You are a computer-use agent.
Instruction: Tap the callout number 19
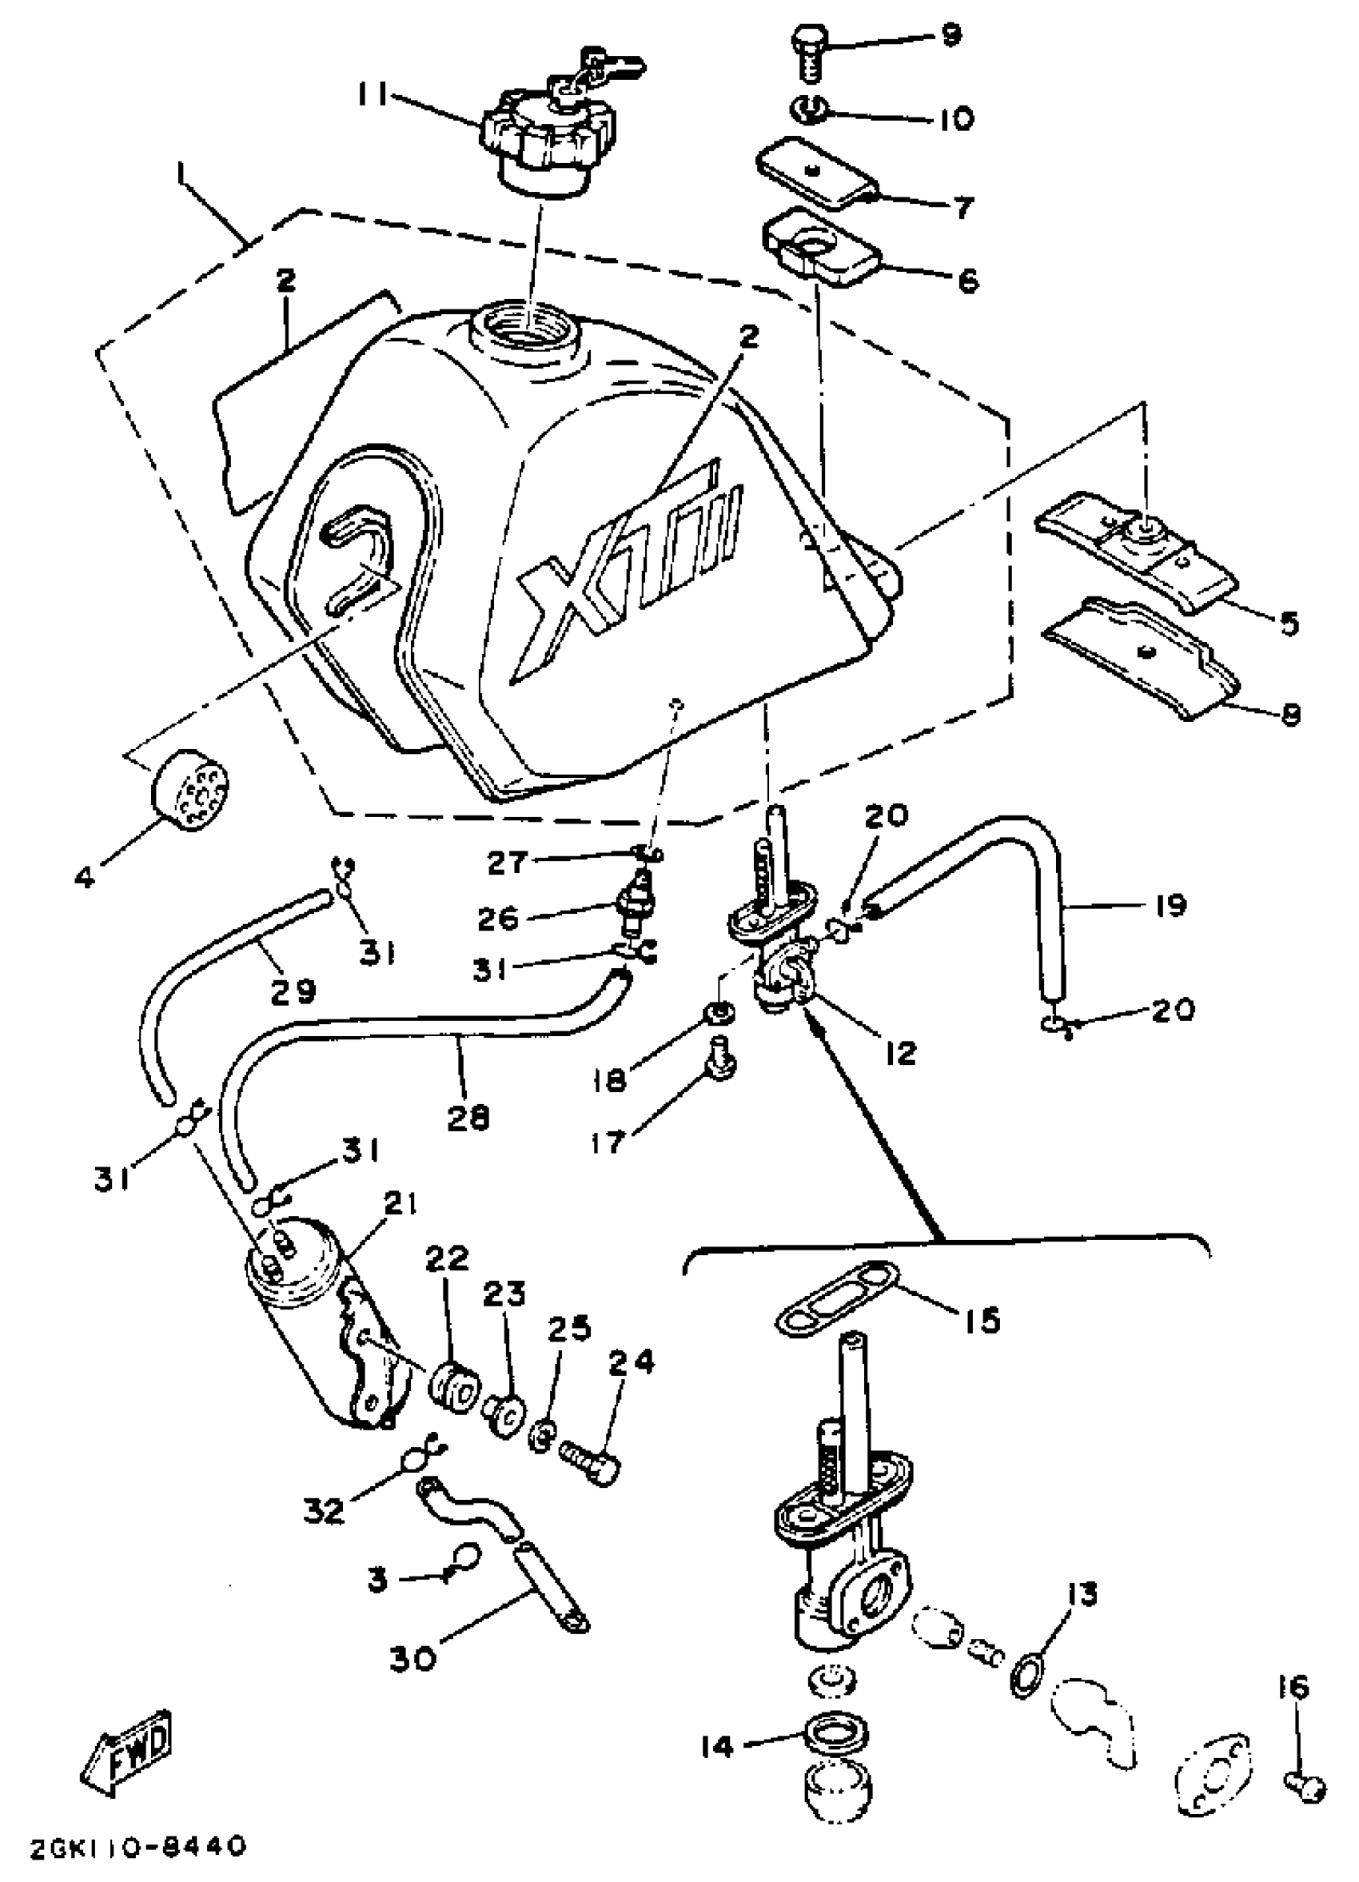[1170, 905]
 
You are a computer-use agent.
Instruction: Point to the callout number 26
[498, 918]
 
